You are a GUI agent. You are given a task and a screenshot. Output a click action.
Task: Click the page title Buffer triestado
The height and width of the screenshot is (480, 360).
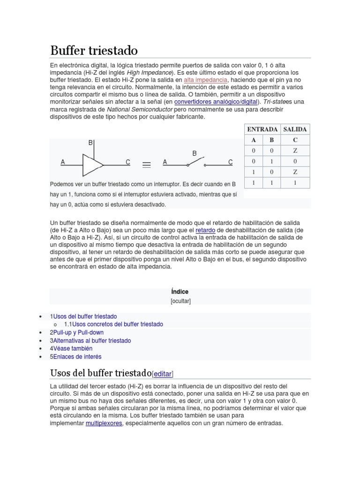(x=94, y=50)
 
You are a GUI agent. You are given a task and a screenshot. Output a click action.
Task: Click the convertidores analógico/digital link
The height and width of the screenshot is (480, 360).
(x=216, y=102)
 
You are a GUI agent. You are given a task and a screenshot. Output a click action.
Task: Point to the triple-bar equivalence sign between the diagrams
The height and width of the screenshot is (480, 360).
(x=146, y=165)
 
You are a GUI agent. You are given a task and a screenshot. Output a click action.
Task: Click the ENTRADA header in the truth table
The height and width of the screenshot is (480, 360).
(x=262, y=129)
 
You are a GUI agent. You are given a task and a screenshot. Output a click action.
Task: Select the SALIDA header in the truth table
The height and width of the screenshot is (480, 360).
(x=295, y=129)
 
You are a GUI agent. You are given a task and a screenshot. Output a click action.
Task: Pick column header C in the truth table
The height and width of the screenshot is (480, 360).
(x=295, y=140)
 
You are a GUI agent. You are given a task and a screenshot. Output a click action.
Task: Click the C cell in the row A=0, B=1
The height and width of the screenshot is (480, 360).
(x=295, y=161)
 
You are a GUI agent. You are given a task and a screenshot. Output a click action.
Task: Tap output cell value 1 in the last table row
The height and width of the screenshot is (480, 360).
(x=295, y=183)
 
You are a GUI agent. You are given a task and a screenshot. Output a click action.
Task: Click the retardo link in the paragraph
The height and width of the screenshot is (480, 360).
(x=205, y=231)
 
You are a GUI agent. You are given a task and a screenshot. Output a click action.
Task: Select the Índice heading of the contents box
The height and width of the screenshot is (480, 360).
(x=180, y=292)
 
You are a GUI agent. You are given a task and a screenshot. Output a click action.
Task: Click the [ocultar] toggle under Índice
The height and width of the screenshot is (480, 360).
(x=180, y=301)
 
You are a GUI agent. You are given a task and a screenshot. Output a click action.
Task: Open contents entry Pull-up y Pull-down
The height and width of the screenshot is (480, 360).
(x=78, y=332)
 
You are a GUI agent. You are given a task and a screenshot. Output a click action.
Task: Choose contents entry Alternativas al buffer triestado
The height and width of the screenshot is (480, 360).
(x=92, y=341)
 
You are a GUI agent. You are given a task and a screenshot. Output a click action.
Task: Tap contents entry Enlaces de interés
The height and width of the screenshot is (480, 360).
(x=77, y=357)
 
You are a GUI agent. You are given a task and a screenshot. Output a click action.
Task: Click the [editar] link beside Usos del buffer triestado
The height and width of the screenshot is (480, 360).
(x=163, y=374)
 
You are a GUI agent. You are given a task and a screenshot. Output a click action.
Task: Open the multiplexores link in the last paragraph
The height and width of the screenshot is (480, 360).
(x=104, y=423)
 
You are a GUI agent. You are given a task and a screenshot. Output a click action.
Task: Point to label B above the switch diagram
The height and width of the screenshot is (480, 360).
(x=195, y=153)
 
